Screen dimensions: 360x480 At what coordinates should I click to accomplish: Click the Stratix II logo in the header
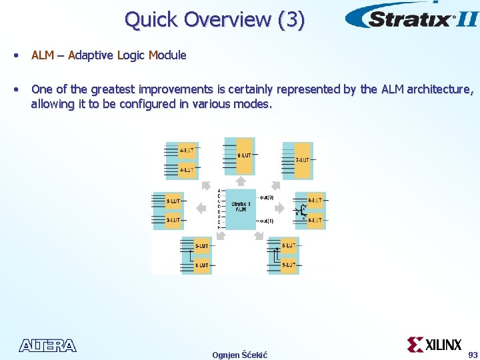tap(411, 17)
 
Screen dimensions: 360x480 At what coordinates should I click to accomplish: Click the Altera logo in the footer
tap(48, 345)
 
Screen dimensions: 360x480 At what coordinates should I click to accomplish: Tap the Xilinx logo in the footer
tap(434, 345)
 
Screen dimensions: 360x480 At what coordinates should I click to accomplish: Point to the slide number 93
tap(473, 354)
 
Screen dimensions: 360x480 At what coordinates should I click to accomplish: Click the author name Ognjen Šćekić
tap(239, 354)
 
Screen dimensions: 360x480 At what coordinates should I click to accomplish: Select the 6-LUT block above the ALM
tap(245, 155)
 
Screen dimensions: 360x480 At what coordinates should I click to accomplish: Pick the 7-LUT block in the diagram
tap(303, 160)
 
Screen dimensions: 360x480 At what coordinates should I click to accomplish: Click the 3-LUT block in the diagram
tap(173, 219)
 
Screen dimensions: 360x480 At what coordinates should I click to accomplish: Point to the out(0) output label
tap(267, 197)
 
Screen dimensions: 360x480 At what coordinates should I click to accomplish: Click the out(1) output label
tap(267, 221)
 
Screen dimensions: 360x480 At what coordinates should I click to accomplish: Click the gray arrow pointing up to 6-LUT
tap(241, 180)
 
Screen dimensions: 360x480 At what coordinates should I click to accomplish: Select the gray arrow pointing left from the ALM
tap(201, 208)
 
